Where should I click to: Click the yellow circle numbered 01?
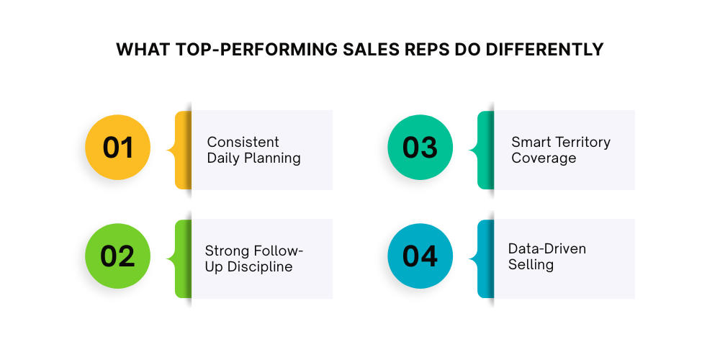118,147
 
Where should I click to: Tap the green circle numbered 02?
118,257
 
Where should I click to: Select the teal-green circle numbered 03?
420,147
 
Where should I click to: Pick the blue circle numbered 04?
420,257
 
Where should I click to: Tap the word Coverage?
544,158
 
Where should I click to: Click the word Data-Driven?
547,248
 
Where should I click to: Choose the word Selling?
531,265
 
